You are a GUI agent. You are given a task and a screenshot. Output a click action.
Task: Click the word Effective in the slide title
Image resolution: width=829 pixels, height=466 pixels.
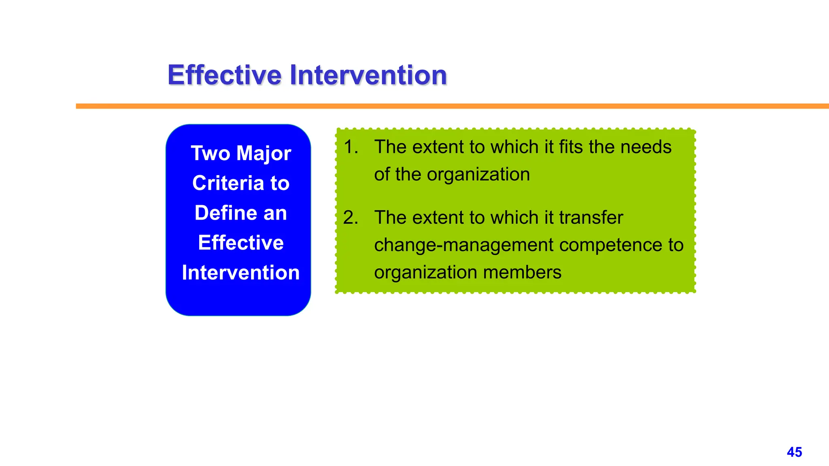tap(224, 75)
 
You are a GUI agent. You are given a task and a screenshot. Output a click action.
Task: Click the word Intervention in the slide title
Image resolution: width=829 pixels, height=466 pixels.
tap(368, 75)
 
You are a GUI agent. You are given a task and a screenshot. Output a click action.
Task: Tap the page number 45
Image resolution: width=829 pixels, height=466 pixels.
tap(794, 452)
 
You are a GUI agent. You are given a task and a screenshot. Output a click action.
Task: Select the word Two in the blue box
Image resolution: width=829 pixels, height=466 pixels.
tap(210, 153)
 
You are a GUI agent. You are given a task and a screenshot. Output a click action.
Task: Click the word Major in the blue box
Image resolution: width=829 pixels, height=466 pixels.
tap(264, 154)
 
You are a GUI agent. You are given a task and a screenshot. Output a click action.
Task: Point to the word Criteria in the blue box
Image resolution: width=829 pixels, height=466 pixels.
tap(228, 183)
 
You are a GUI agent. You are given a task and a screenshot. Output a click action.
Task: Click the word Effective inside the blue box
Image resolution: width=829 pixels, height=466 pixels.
tap(241, 243)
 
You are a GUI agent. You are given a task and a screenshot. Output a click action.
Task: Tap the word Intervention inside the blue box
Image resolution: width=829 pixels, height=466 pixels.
tap(241, 273)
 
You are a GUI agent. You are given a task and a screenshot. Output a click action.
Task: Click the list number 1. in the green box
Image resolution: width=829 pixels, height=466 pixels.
tap(351, 147)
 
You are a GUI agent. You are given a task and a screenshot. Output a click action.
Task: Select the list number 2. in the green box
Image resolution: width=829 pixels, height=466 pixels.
tap(351, 218)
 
